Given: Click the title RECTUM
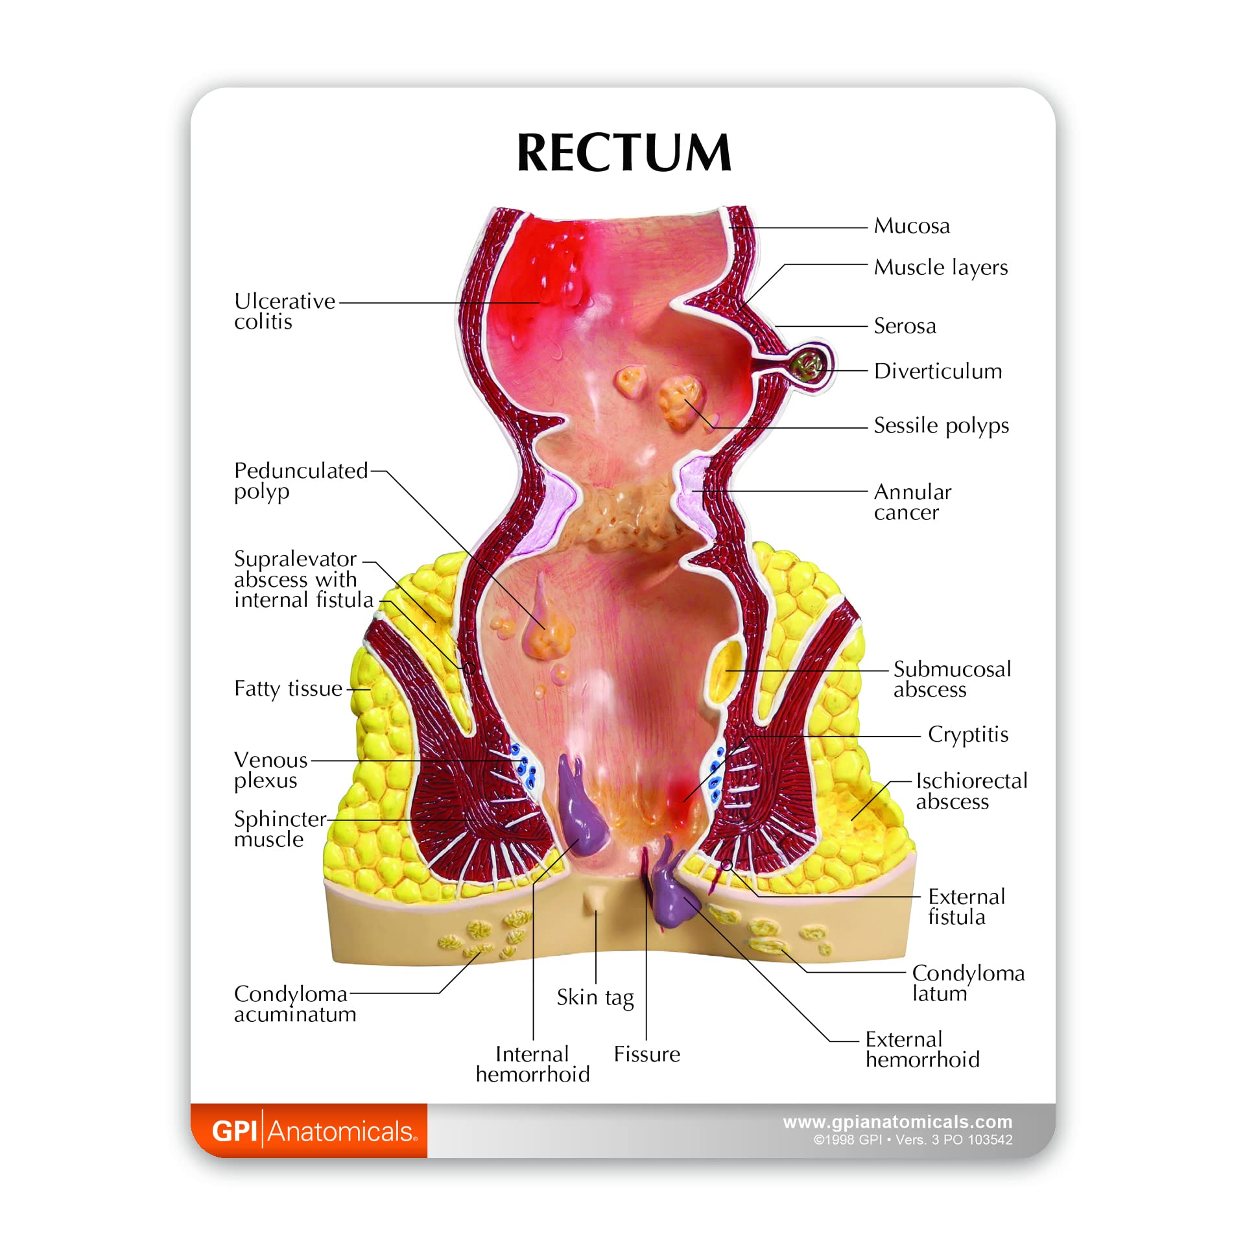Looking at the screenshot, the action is click(x=624, y=153).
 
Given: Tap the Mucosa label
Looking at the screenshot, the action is click(x=911, y=226).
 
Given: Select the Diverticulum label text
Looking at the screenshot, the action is click(x=937, y=372).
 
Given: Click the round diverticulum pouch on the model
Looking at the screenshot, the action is click(x=809, y=366).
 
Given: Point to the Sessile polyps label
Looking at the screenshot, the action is click(x=941, y=426).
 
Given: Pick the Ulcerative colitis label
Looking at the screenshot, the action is click(x=284, y=311).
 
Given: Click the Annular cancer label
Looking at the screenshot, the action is click(x=912, y=502).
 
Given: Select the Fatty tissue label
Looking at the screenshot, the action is click(x=288, y=689).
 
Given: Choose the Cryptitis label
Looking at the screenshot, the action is click(x=967, y=735).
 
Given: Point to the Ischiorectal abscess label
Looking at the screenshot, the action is click(x=971, y=791).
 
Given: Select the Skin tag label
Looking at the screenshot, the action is click(x=595, y=998).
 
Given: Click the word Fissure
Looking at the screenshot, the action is click(x=646, y=1054).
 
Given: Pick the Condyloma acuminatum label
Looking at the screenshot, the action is click(x=295, y=1004).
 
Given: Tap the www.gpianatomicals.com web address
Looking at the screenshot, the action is click(x=897, y=1122).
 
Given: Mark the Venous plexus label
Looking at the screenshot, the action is click(x=270, y=770).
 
